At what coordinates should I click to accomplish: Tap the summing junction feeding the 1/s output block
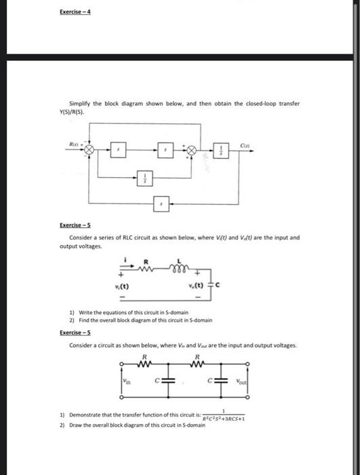pos(193,149)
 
